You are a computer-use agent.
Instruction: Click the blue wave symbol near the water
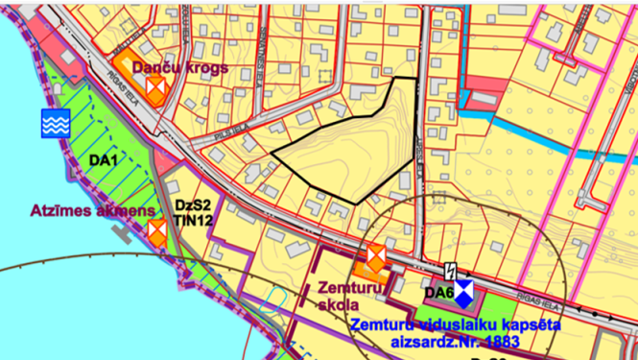pyautogui.click(x=55, y=122)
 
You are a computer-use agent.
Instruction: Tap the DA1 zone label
pyautogui.click(x=103, y=159)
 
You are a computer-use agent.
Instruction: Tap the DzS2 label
pyautogui.click(x=192, y=204)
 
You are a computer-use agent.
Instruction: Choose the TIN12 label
pyautogui.click(x=193, y=220)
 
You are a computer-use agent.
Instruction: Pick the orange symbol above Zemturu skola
pyautogui.click(x=374, y=256)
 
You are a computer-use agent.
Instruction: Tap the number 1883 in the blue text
pyautogui.click(x=500, y=341)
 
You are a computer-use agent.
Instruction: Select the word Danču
pyautogui.click(x=154, y=67)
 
